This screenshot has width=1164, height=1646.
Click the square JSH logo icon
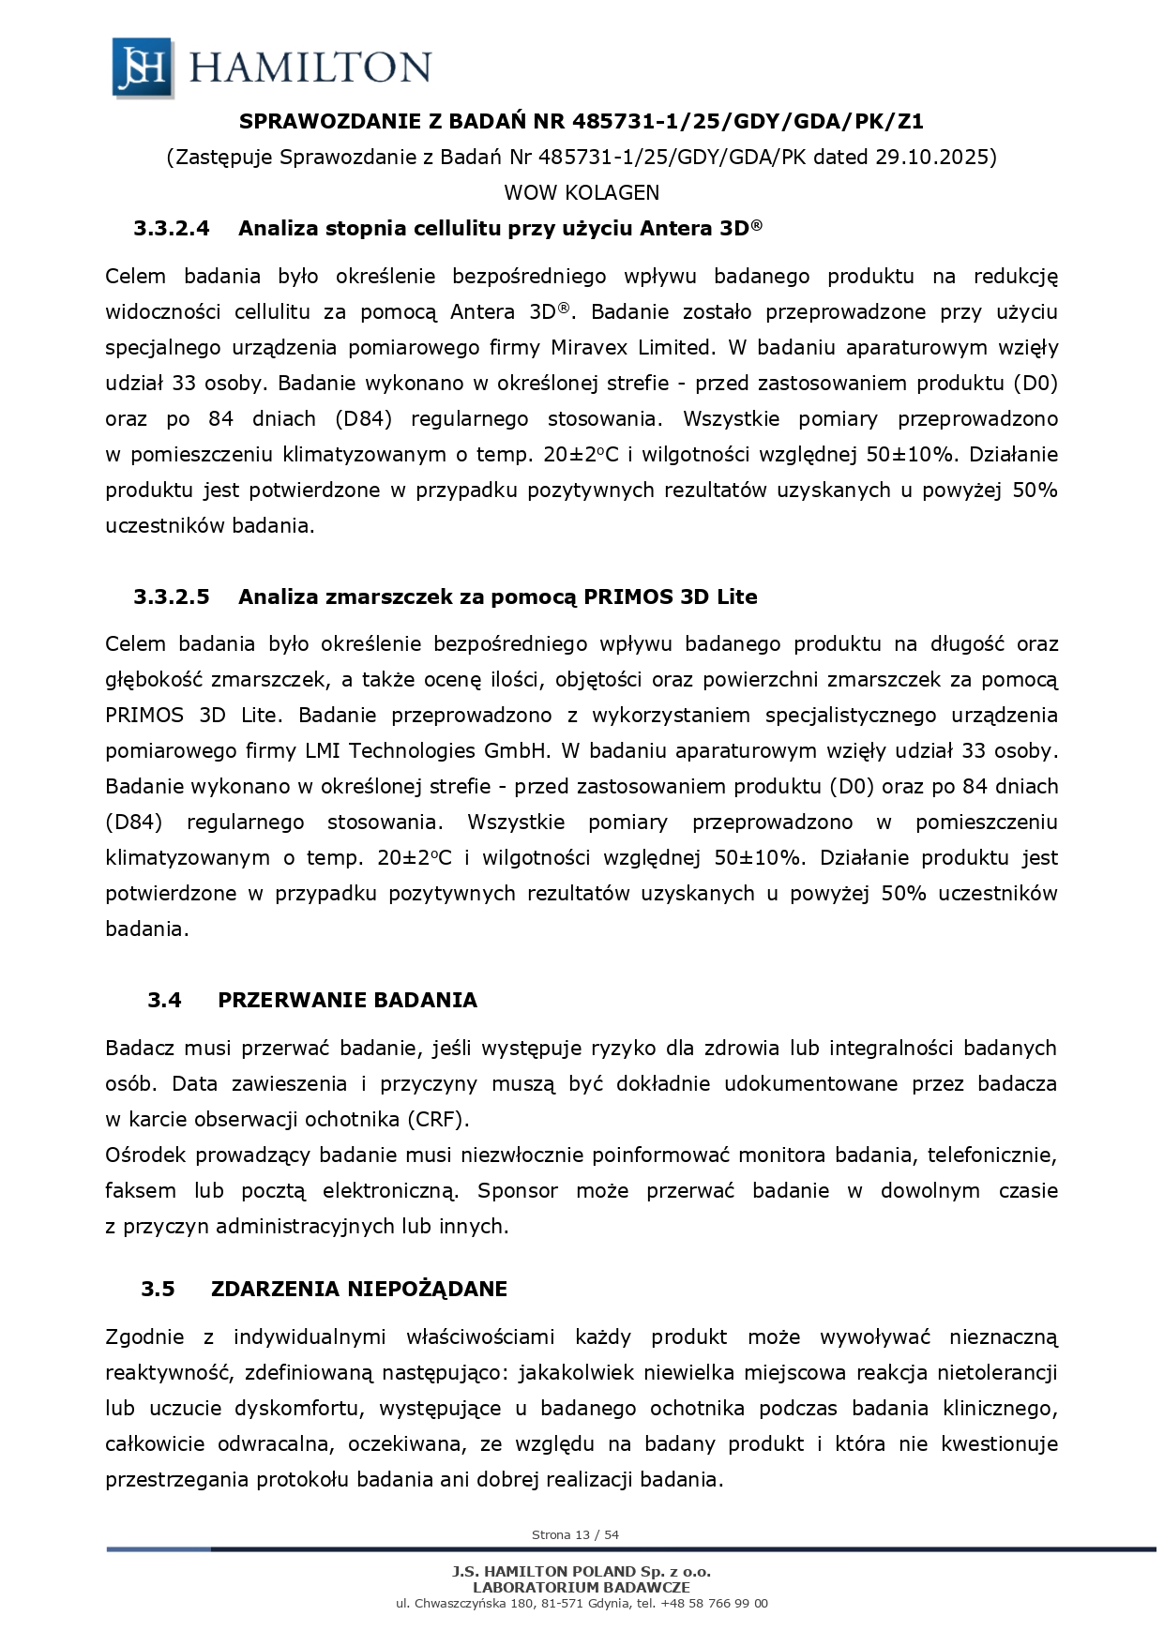(x=143, y=67)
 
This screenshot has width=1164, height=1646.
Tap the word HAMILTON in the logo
(x=310, y=68)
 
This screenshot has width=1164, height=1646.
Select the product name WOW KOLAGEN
(x=582, y=192)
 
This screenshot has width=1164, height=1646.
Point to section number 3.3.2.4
(x=172, y=228)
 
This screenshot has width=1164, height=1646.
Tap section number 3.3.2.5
(x=172, y=596)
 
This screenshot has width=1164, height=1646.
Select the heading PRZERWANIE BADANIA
(x=347, y=1000)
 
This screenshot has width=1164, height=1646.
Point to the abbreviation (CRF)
(x=439, y=1120)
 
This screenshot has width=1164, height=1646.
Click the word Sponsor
(x=518, y=1191)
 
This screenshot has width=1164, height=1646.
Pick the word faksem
(x=141, y=1191)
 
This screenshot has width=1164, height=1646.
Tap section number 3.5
(x=159, y=1289)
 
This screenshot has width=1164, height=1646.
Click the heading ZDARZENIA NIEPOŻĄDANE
(x=359, y=1289)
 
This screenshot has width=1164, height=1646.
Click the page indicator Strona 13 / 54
(x=575, y=1535)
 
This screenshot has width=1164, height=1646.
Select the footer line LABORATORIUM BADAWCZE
(x=582, y=1587)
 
